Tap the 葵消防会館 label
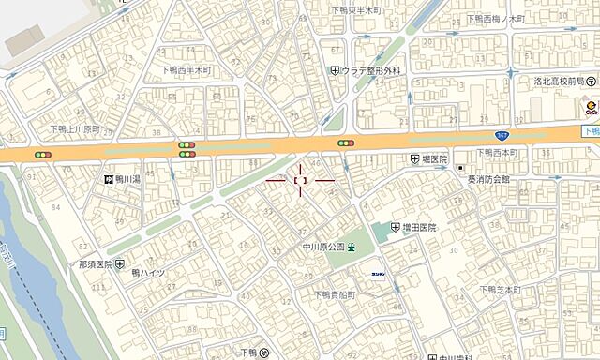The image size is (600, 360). point(488,178)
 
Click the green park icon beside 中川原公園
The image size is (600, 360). point(352,247)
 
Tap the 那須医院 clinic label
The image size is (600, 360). point(96,264)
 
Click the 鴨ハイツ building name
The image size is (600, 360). point(148,273)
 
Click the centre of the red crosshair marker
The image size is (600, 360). point(300,178)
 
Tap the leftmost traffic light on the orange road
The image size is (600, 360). point(39,153)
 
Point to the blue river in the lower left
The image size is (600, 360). point(28,262)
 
